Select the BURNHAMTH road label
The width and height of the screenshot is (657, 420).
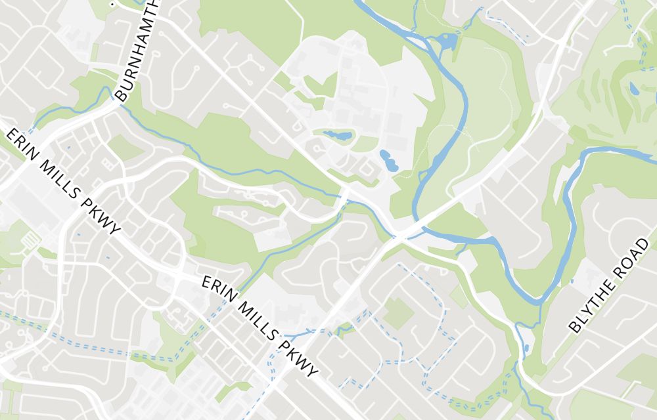[x=137, y=49]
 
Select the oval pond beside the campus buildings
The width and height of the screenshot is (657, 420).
[x=388, y=160]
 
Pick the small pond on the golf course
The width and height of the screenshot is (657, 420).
[x=633, y=89]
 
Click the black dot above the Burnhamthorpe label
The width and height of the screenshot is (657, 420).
[x=113, y=3]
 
